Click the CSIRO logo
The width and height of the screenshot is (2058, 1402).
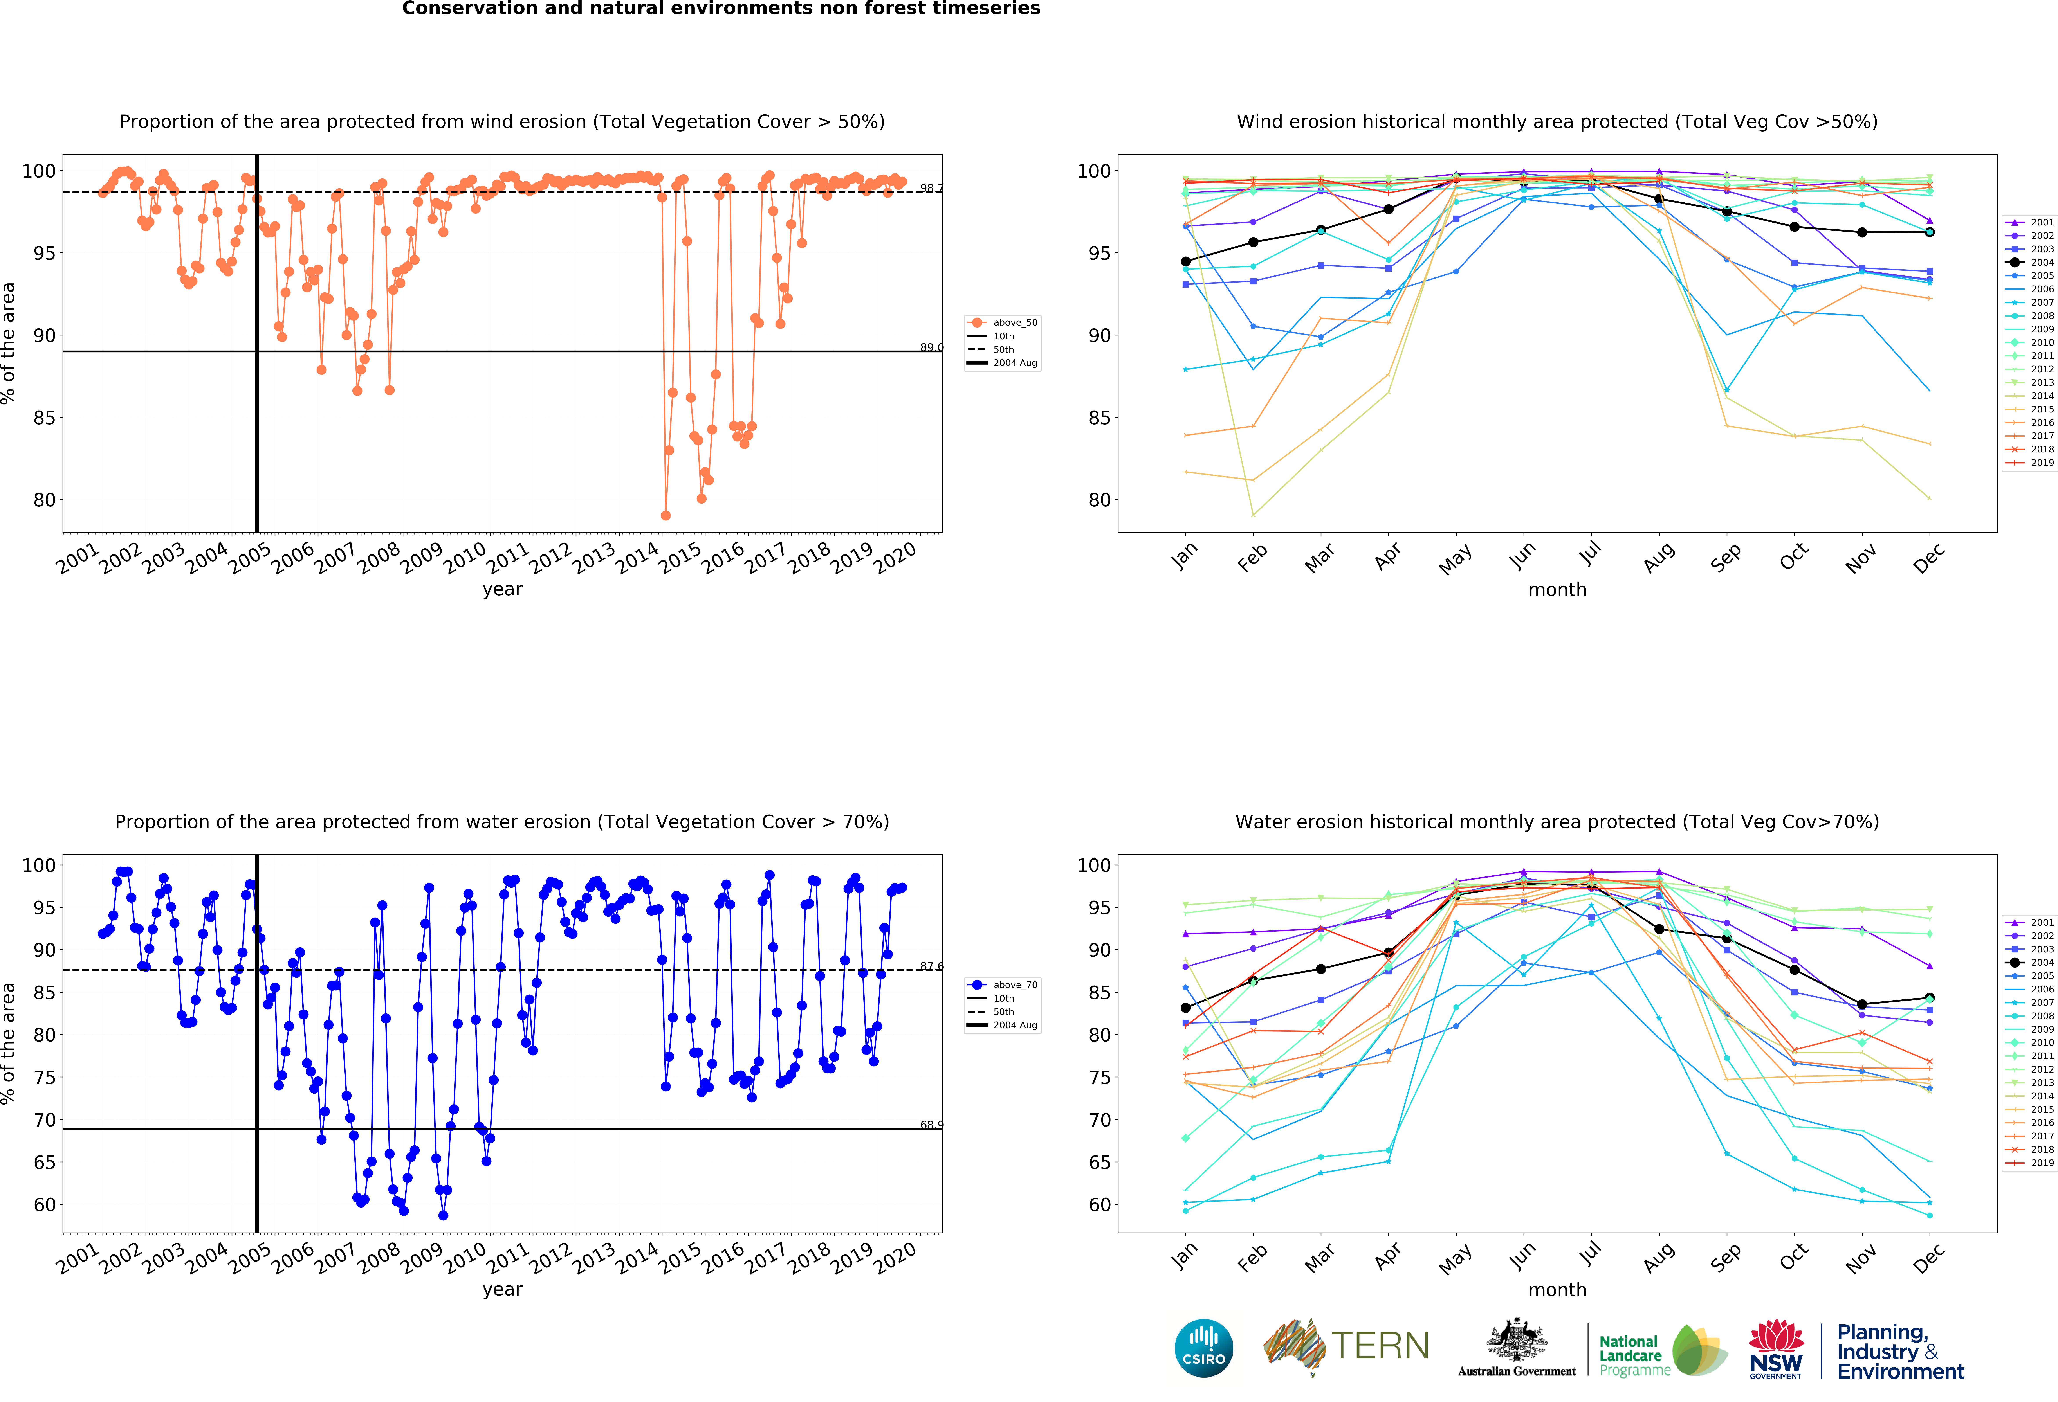click(x=1203, y=1348)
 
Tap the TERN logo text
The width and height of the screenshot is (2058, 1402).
click(x=1380, y=1346)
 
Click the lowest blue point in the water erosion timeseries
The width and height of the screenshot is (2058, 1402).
click(x=443, y=1215)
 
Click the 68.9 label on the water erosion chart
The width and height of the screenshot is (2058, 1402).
click(x=931, y=1125)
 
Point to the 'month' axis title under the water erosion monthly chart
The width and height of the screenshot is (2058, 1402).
click(x=1557, y=1290)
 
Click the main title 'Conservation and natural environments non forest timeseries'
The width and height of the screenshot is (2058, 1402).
click(x=721, y=9)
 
